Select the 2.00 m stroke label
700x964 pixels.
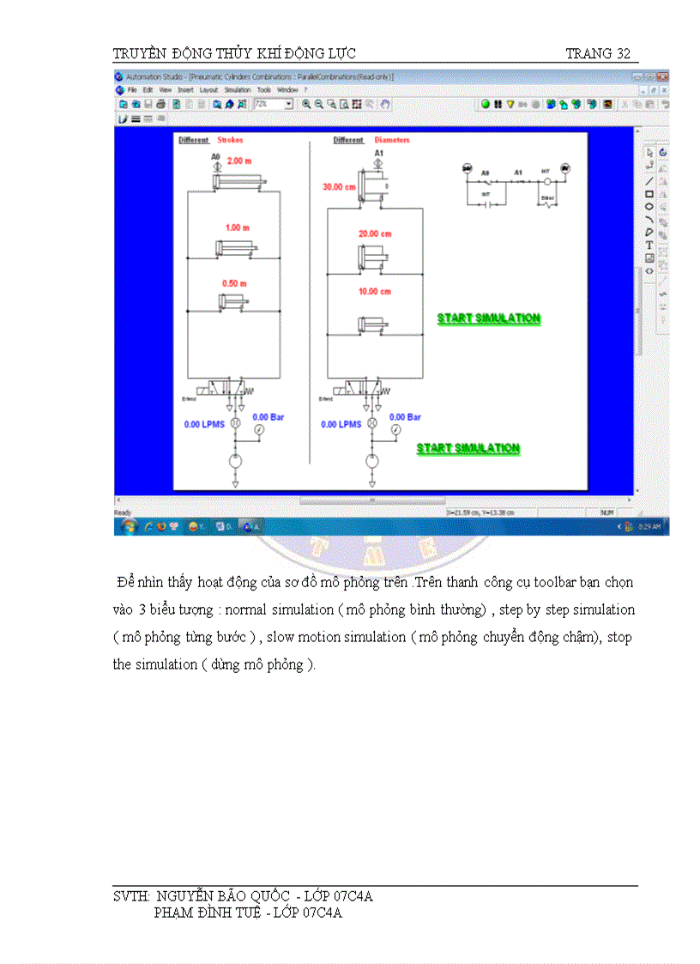239,161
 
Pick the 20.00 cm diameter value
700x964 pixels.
375,233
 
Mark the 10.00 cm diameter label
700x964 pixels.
375,292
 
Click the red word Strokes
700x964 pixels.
230,140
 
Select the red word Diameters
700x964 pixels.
392,140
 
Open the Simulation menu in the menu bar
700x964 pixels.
238,89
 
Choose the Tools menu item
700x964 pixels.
264,89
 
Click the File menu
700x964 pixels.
133,89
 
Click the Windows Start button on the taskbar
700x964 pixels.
129,525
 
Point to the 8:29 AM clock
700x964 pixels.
648,526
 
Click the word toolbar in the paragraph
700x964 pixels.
558,583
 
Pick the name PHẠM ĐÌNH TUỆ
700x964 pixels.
207,912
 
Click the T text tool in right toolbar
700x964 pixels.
649,246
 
